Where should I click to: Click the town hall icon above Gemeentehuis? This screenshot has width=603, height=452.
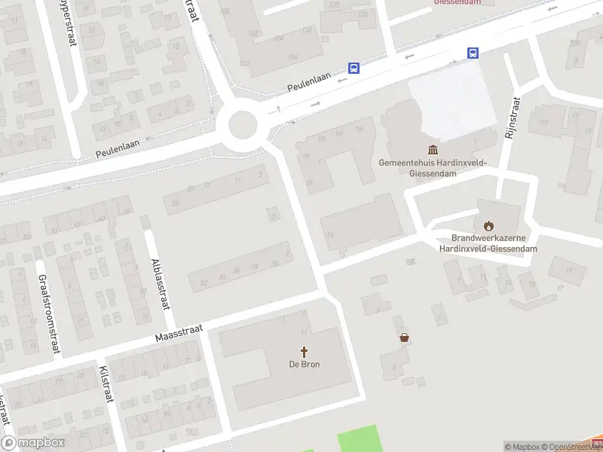tap(433, 150)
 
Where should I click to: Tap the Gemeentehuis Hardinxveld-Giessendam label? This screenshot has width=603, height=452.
tap(433, 167)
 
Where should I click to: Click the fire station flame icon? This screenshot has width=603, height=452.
tap(488, 224)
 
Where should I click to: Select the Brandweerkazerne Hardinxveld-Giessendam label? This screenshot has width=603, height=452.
tap(488, 243)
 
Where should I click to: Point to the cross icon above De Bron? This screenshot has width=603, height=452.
tap(305, 352)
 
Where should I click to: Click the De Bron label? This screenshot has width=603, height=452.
tap(305, 365)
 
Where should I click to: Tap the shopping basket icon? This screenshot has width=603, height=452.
tap(405, 338)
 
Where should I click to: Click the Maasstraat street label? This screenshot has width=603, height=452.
tap(181, 329)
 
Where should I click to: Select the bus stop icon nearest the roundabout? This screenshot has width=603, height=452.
tap(354, 68)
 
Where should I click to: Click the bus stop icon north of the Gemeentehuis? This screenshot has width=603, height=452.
tap(473, 53)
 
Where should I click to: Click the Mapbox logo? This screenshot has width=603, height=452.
tap(33, 443)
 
